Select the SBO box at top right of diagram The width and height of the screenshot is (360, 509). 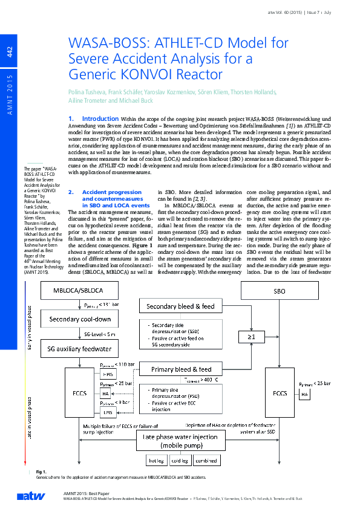click(280, 291)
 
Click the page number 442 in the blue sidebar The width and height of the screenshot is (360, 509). click(9, 52)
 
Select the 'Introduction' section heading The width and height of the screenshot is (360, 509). click(100, 118)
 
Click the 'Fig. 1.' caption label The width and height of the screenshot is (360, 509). click(42, 471)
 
